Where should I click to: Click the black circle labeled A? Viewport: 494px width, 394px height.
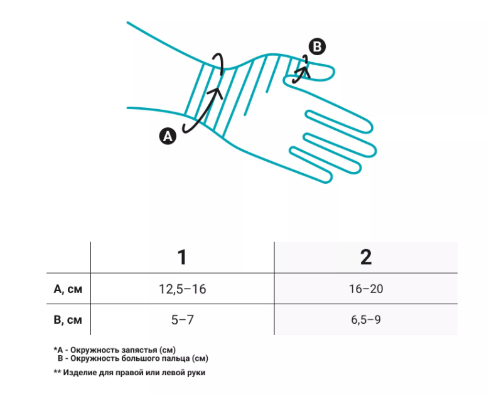click(x=168, y=136)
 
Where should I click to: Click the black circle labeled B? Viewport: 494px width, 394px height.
click(x=317, y=46)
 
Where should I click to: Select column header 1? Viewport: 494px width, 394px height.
click(x=182, y=257)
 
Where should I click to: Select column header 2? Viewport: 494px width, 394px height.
click(x=366, y=257)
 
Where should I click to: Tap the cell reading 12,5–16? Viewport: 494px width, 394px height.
click(x=183, y=289)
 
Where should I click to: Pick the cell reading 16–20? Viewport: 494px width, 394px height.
click(x=366, y=289)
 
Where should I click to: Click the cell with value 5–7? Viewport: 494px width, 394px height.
click(x=183, y=320)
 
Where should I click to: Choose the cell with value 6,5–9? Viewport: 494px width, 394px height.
click(x=366, y=320)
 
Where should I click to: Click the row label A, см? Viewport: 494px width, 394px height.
click(x=68, y=289)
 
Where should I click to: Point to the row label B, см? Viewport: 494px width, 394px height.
click(x=68, y=320)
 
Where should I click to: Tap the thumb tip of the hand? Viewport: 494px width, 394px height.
click(x=333, y=72)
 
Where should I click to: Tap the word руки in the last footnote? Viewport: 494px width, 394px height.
click(x=196, y=373)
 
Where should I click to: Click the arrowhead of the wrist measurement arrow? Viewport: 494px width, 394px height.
click(x=217, y=92)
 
